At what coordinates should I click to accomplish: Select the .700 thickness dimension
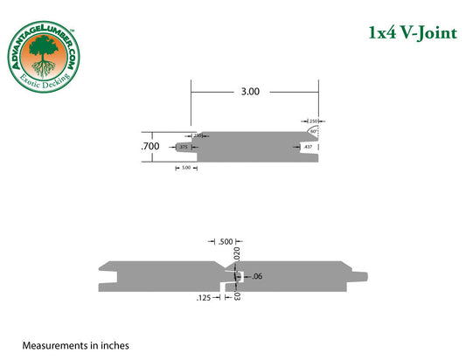coord(150,146)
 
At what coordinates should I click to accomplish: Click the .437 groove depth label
coord(308,148)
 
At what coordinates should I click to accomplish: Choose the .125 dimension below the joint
coord(205,297)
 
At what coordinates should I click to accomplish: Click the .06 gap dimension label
coord(257,276)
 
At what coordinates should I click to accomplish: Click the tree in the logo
coord(41,53)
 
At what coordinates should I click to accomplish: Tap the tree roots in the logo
coord(41,71)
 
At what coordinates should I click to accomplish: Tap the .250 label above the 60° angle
coord(313,120)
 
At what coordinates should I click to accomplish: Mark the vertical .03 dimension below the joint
coord(238,295)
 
